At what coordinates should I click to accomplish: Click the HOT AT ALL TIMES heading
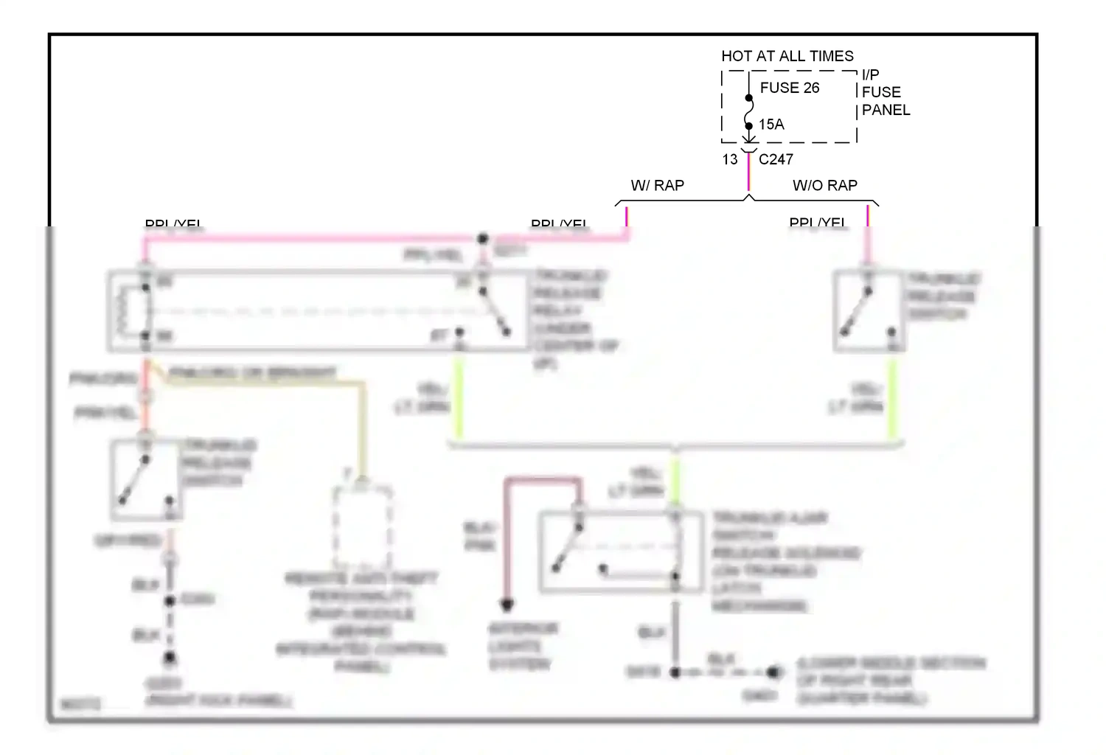pos(787,56)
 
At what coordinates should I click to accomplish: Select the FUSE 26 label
pos(790,88)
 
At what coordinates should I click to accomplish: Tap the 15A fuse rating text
pos(771,125)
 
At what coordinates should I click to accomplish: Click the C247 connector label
pos(776,159)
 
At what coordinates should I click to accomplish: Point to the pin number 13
pos(730,159)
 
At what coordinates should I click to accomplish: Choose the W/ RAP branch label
pos(657,186)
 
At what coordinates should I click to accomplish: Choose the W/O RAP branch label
pos(825,186)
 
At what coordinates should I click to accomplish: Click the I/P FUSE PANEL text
pos(885,92)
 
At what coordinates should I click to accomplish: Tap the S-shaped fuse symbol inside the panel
pos(749,112)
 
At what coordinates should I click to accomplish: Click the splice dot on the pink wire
pos(482,238)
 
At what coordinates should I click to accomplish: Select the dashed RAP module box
pos(362,525)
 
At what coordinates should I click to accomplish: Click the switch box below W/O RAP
pos(869,310)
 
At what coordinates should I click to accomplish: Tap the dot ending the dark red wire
pos(507,605)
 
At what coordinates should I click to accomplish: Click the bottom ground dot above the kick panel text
pos(170,656)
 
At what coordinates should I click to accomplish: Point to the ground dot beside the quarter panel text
pos(773,672)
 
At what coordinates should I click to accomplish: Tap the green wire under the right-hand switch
pos(892,398)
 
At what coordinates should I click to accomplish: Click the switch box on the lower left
pos(146,480)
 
